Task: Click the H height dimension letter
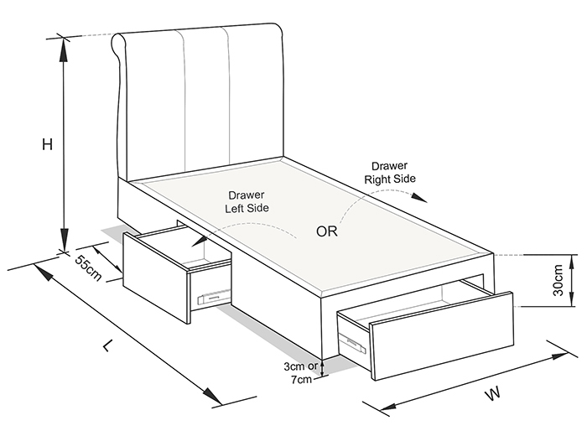[x=47, y=144]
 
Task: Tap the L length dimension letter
[x=108, y=345]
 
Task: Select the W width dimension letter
[x=493, y=394]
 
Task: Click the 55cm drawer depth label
[x=88, y=267]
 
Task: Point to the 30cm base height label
[x=558, y=280]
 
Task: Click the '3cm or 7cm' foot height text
[x=300, y=372]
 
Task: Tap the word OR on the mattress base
[x=327, y=231]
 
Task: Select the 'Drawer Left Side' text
[x=247, y=201]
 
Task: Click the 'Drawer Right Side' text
[x=390, y=172]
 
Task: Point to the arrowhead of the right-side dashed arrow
[x=420, y=198]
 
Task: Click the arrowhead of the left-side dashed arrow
[x=199, y=241]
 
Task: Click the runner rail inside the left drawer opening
[x=214, y=296]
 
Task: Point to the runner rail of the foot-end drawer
[x=352, y=343]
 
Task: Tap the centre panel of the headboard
[x=205, y=99]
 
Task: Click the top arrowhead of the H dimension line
[x=64, y=49]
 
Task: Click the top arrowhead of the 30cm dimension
[x=571, y=262]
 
